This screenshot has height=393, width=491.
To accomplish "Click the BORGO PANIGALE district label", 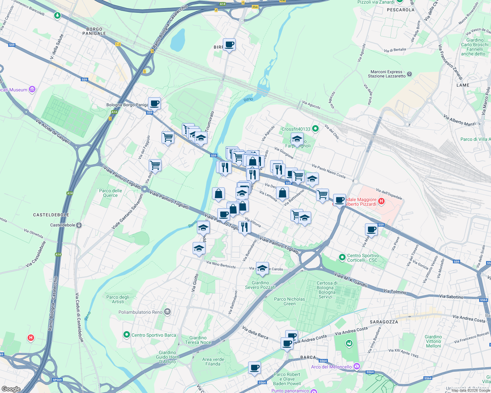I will pos(94,31).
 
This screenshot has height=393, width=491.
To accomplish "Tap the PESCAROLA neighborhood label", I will pos(400,10).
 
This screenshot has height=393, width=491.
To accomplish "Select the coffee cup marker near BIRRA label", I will pos(229,44).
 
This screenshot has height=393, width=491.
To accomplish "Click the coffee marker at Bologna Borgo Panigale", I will pos(154,103).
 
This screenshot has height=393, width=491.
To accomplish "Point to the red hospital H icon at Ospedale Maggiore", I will pos(381,201).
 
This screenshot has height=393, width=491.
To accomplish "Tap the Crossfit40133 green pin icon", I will pos(315,129).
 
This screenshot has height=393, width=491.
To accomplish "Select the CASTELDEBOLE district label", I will pos(51,215).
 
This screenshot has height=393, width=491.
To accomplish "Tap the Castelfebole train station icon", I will pos(79,225).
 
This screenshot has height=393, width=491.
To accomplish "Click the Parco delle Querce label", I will pos(110,193).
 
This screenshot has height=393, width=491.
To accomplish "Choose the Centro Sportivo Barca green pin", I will pos(127,335).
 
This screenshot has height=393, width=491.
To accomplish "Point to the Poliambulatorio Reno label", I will pos(140,312).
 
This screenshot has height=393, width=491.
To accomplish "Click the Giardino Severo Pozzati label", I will pos(260,285).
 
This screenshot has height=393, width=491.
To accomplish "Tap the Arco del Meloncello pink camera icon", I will pos(357,366).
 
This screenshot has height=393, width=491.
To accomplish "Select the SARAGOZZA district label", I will pos(384,322).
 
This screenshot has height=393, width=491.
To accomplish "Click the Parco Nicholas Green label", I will pos(289,301).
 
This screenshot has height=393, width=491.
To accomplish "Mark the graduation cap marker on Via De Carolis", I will pos(262,268).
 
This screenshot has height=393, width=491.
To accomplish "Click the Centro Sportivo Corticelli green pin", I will pos(342,258).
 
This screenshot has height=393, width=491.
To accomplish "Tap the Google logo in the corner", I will pos(11,389).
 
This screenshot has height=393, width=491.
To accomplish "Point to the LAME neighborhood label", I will pos(463,85).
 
